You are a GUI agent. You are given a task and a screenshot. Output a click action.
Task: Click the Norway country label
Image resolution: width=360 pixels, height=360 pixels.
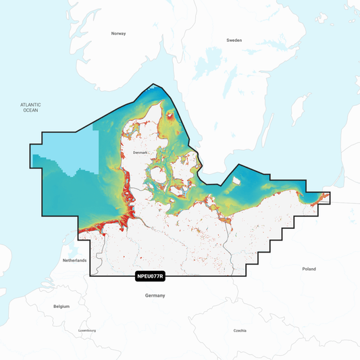coord(119,33)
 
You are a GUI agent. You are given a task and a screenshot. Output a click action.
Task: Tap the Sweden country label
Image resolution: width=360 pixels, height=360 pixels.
coord(234,41)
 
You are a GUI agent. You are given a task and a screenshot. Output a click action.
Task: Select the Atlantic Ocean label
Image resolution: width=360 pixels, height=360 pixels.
coord(30,107)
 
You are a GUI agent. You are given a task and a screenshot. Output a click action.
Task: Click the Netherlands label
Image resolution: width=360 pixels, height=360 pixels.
coord(74,260)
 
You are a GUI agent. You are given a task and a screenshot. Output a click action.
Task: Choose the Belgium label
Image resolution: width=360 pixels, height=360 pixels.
coord(61,306)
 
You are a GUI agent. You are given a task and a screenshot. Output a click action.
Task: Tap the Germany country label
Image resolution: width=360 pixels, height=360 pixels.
coord(155,296)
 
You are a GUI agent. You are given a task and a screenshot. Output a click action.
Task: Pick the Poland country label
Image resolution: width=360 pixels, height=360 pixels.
coord(309,269)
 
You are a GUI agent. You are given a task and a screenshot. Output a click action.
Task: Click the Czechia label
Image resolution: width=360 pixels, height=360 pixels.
coord(240,330)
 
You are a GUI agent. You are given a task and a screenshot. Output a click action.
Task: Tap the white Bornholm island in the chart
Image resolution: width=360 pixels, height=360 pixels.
coord(236,180)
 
